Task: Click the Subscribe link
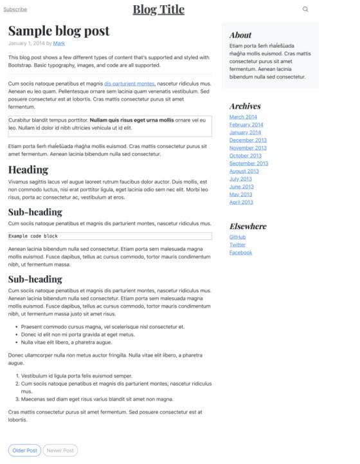click(15, 10)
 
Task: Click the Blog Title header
click(158, 10)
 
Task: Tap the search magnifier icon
click(305, 10)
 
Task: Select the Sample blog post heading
click(59, 31)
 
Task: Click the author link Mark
click(59, 44)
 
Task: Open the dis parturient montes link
click(129, 84)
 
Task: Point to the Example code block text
click(33, 236)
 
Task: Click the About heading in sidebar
click(240, 35)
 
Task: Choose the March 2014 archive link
click(243, 117)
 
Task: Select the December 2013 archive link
click(248, 140)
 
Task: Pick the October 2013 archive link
click(246, 156)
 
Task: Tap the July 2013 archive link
click(240, 179)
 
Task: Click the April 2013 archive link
click(241, 202)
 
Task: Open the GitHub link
click(237, 237)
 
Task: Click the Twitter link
click(237, 245)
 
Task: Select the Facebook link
click(240, 253)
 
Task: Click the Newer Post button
click(60, 450)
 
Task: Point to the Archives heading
click(245, 106)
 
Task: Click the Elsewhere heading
click(248, 227)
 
